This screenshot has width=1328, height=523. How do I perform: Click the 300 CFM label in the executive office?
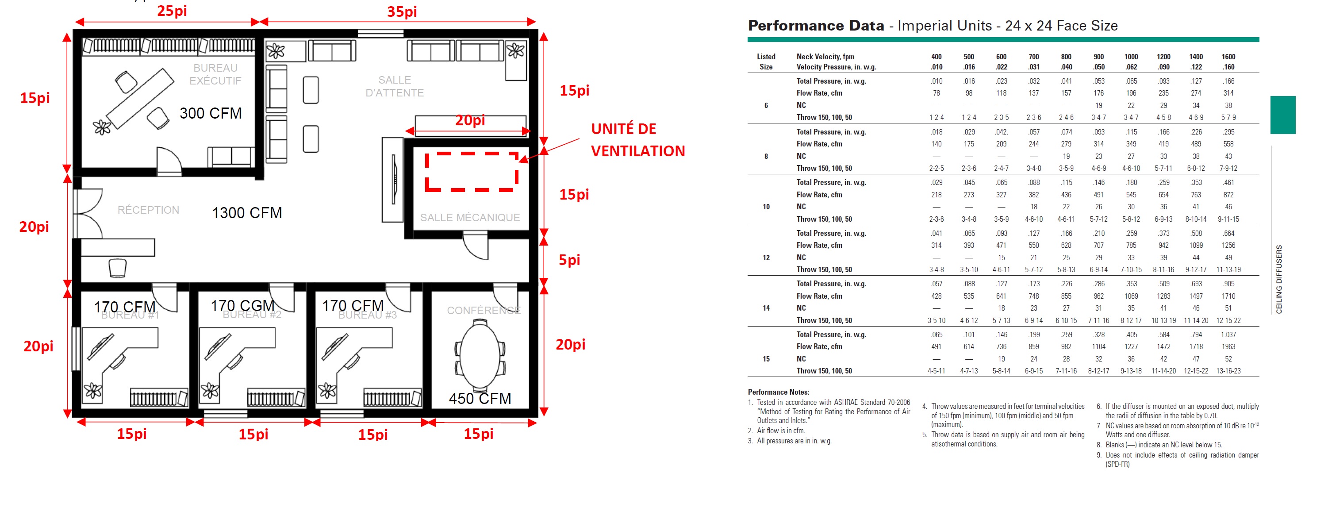pos(210,113)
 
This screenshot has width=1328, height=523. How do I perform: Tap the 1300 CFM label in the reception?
pos(246,212)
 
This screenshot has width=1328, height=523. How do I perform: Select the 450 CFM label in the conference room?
pos(480,398)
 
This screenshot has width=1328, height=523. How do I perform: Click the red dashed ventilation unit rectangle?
pos(471,172)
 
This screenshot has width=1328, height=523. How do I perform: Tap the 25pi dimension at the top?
pos(172,11)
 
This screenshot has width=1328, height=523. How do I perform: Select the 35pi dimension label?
pos(402,12)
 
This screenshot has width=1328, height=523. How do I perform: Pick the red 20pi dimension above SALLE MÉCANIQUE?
pos(470,120)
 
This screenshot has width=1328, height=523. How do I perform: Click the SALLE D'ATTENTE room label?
pos(395,86)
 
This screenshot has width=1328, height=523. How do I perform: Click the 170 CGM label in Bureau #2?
pos(242,305)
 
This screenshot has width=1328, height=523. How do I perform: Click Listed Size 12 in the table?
pos(766,258)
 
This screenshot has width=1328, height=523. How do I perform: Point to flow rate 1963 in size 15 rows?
pos(1228,346)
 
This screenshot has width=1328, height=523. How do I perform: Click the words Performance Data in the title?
pos(816,25)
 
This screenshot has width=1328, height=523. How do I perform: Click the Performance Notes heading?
pos(778,392)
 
